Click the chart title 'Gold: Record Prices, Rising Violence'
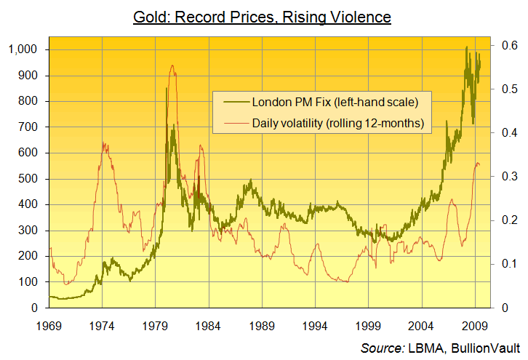point(263,15)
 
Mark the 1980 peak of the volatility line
point(172,65)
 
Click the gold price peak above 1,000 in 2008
point(466,47)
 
